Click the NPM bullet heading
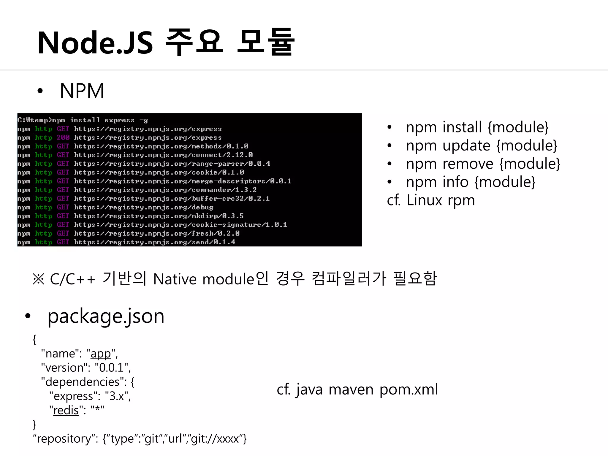pyautogui.click(x=82, y=91)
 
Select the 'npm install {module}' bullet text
pyautogui.click(x=477, y=127)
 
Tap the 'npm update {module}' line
pyautogui.click(x=481, y=146)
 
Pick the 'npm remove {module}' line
pyautogui.click(x=483, y=164)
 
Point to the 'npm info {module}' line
pyautogui.click(x=471, y=182)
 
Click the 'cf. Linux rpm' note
pyautogui.click(x=431, y=200)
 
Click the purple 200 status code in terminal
pyautogui.click(x=63, y=137)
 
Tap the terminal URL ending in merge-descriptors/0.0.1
pyautogui.click(x=182, y=181)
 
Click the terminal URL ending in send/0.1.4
pyautogui.click(x=154, y=242)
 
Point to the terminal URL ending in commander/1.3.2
pyautogui.click(x=165, y=190)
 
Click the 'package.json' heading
pyautogui.click(x=106, y=316)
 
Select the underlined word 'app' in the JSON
pyautogui.click(x=101, y=354)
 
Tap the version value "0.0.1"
pyautogui.click(x=111, y=368)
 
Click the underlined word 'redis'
pyautogui.click(x=66, y=411)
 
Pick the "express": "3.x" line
pyautogui.click(x=90, y=396)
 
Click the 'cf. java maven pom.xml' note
pyautogui.click(x=357, y=389)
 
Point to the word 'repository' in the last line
pyautogui.click(x=64, y=439)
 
